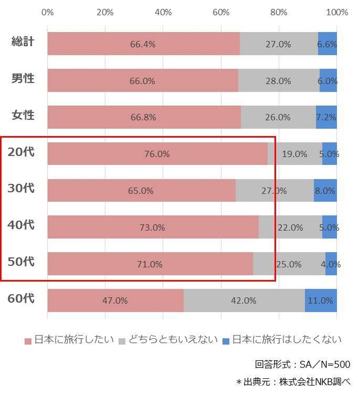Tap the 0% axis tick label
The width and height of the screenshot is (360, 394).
(48, 12)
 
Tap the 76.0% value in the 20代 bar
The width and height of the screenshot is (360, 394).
(157, 154)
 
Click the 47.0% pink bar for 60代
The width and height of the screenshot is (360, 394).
(115, 301)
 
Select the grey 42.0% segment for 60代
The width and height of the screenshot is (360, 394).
(244, 301)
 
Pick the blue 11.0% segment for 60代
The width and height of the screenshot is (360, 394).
(321, 301)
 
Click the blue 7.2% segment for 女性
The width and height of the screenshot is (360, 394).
(326, 117)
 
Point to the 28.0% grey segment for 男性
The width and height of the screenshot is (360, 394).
(278, 80)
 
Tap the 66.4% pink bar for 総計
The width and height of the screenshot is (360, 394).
(143, 44)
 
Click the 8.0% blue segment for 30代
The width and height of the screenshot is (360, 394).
(325, 191)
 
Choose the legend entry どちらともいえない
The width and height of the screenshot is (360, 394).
(169, 339)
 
